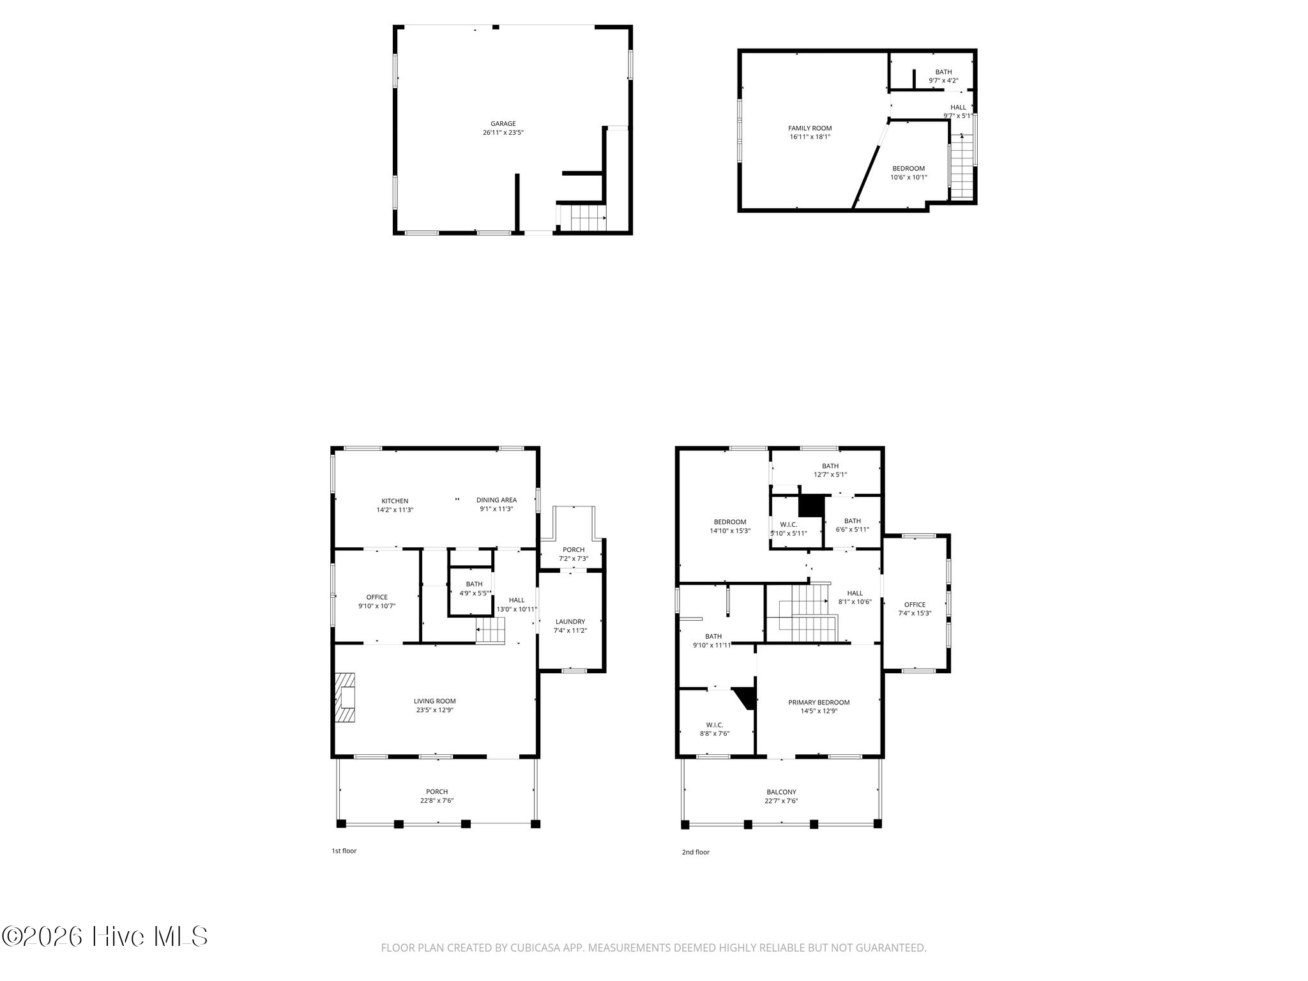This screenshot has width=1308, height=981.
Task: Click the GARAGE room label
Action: (x=503, y=124)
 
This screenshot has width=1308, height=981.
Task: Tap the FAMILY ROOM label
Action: (x=810, y=128)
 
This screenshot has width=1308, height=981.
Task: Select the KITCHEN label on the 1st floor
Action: (x=395, y=501)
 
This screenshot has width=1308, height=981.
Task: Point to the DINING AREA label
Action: (x=496, y=500)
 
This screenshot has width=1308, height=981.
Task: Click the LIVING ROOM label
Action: (x=434, y=701)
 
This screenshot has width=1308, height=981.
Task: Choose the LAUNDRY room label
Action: (x=570, y=621)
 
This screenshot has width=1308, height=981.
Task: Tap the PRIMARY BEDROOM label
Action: (x=819, y=703)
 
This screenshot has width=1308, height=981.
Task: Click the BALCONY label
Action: (x=781, y=792)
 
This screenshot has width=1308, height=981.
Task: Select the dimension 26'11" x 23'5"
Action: (x=503, y=133)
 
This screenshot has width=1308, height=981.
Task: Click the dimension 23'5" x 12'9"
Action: (x=434, y=710)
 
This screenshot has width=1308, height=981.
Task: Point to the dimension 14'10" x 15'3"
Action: (x=729, y=531)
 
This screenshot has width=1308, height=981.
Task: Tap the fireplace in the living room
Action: (x=346, y=697)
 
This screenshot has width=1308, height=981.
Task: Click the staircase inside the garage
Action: (x=582, y=217)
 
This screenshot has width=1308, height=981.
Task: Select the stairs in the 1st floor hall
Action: (x=490, y=631)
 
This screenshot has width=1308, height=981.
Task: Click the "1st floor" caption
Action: (x=344, y=851)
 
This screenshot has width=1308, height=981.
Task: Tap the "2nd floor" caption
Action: (x=696, y=852)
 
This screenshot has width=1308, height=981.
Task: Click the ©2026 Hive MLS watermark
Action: (x=105, y=937)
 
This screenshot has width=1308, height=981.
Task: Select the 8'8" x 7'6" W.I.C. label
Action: (x=715, y=729)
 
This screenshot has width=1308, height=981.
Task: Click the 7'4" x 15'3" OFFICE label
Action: (x=915, y=609)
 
